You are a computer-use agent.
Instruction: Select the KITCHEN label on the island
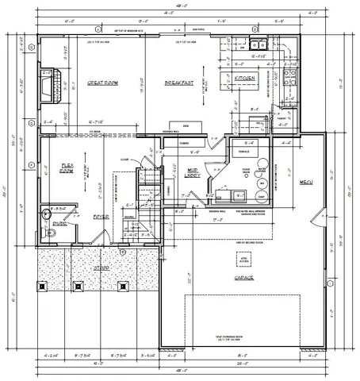tap(243, 79)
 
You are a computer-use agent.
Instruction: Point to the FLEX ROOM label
tap(67, 169)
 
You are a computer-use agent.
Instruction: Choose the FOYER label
tap(100, 215)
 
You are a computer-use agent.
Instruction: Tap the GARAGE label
tap(243, 279)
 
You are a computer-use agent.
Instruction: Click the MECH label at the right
tap(306, 183)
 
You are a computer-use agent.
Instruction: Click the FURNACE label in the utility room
tap(247, 171)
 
